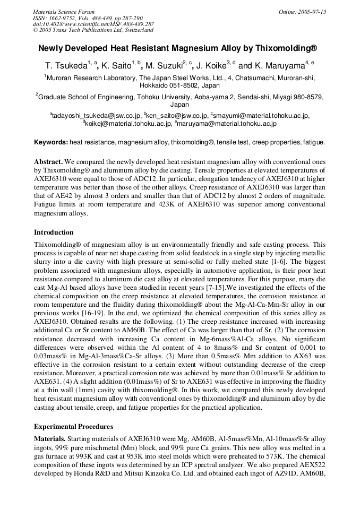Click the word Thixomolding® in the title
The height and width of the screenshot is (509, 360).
pos(287,48)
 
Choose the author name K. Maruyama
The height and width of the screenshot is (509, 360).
pos(278,66)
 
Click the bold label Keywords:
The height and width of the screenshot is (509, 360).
pos(51,142)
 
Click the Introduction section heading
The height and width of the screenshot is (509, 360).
pos(54,232)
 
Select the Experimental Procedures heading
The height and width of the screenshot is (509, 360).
pos(73,426)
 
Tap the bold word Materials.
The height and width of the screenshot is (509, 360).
pos(50,439)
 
